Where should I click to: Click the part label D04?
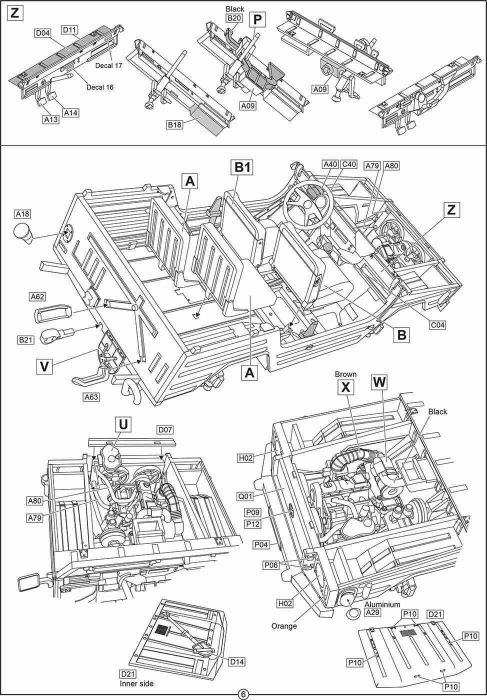point(42,33)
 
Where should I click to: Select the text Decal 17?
point(109,65)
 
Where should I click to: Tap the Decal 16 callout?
point(100,87)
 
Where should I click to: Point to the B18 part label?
point(174,124)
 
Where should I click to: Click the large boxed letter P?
point(257,20)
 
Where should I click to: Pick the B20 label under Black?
point(234,18)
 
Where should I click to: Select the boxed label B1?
point(242,167)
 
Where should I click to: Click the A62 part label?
point(37,296)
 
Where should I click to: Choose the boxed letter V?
point(45,366)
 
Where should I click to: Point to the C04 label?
point(437,325)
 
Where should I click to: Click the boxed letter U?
point(123,424)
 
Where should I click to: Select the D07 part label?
point(165,429)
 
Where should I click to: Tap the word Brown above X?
point(345,373)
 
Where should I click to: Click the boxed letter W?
point(379,382)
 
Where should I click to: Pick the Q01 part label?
point(245,496)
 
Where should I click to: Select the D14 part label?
point(236,661)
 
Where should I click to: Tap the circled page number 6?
point(243,694)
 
